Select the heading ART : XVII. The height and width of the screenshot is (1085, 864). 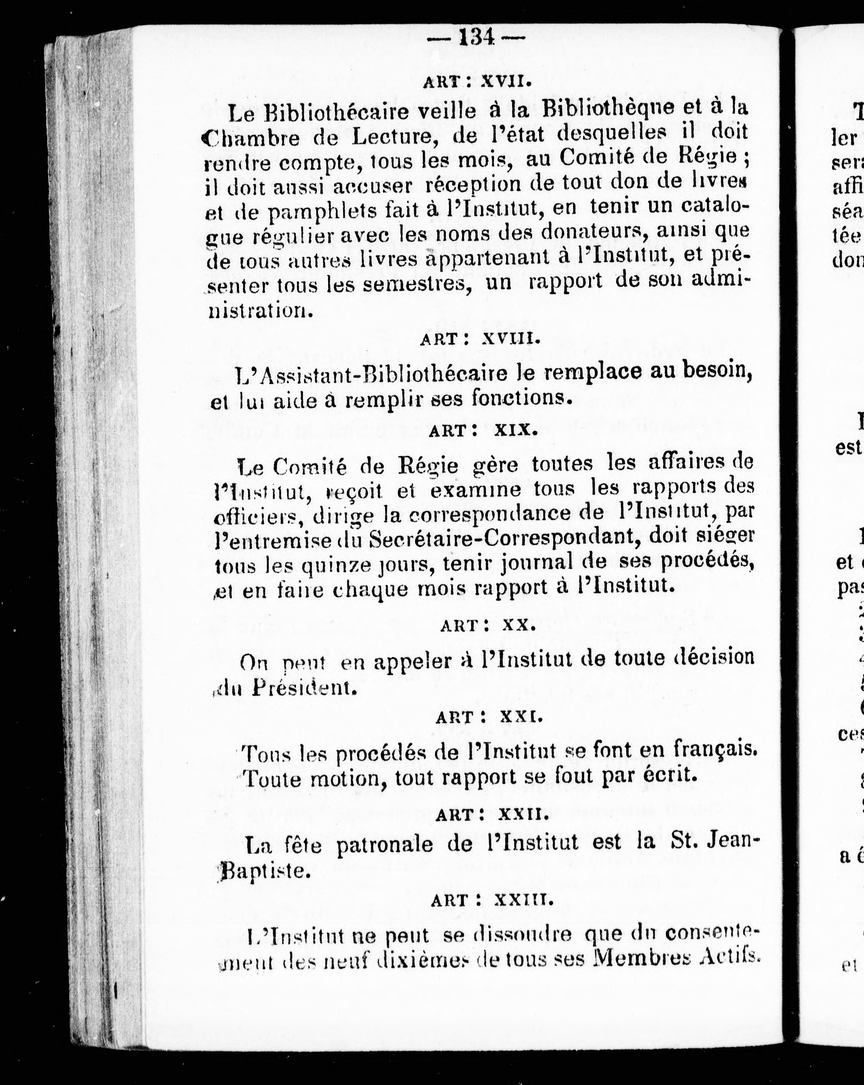477,81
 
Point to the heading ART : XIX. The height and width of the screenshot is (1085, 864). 480,430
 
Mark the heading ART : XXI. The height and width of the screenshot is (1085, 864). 489,717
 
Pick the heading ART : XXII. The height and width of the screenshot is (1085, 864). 491,814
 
